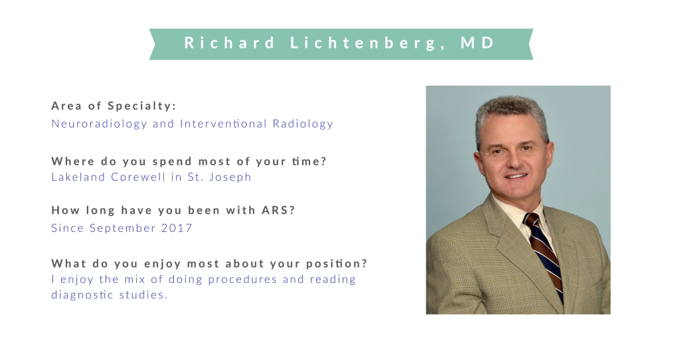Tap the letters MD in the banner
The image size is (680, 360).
pos(477,43)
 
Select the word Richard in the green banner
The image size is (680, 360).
pos(230,43)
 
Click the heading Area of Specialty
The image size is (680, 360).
pos(114,106)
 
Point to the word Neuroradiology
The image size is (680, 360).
pos(100,124)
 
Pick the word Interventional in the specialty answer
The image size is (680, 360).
pos(223,124)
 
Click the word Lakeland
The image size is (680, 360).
pos(78,177)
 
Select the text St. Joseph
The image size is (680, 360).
pos(219,177)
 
